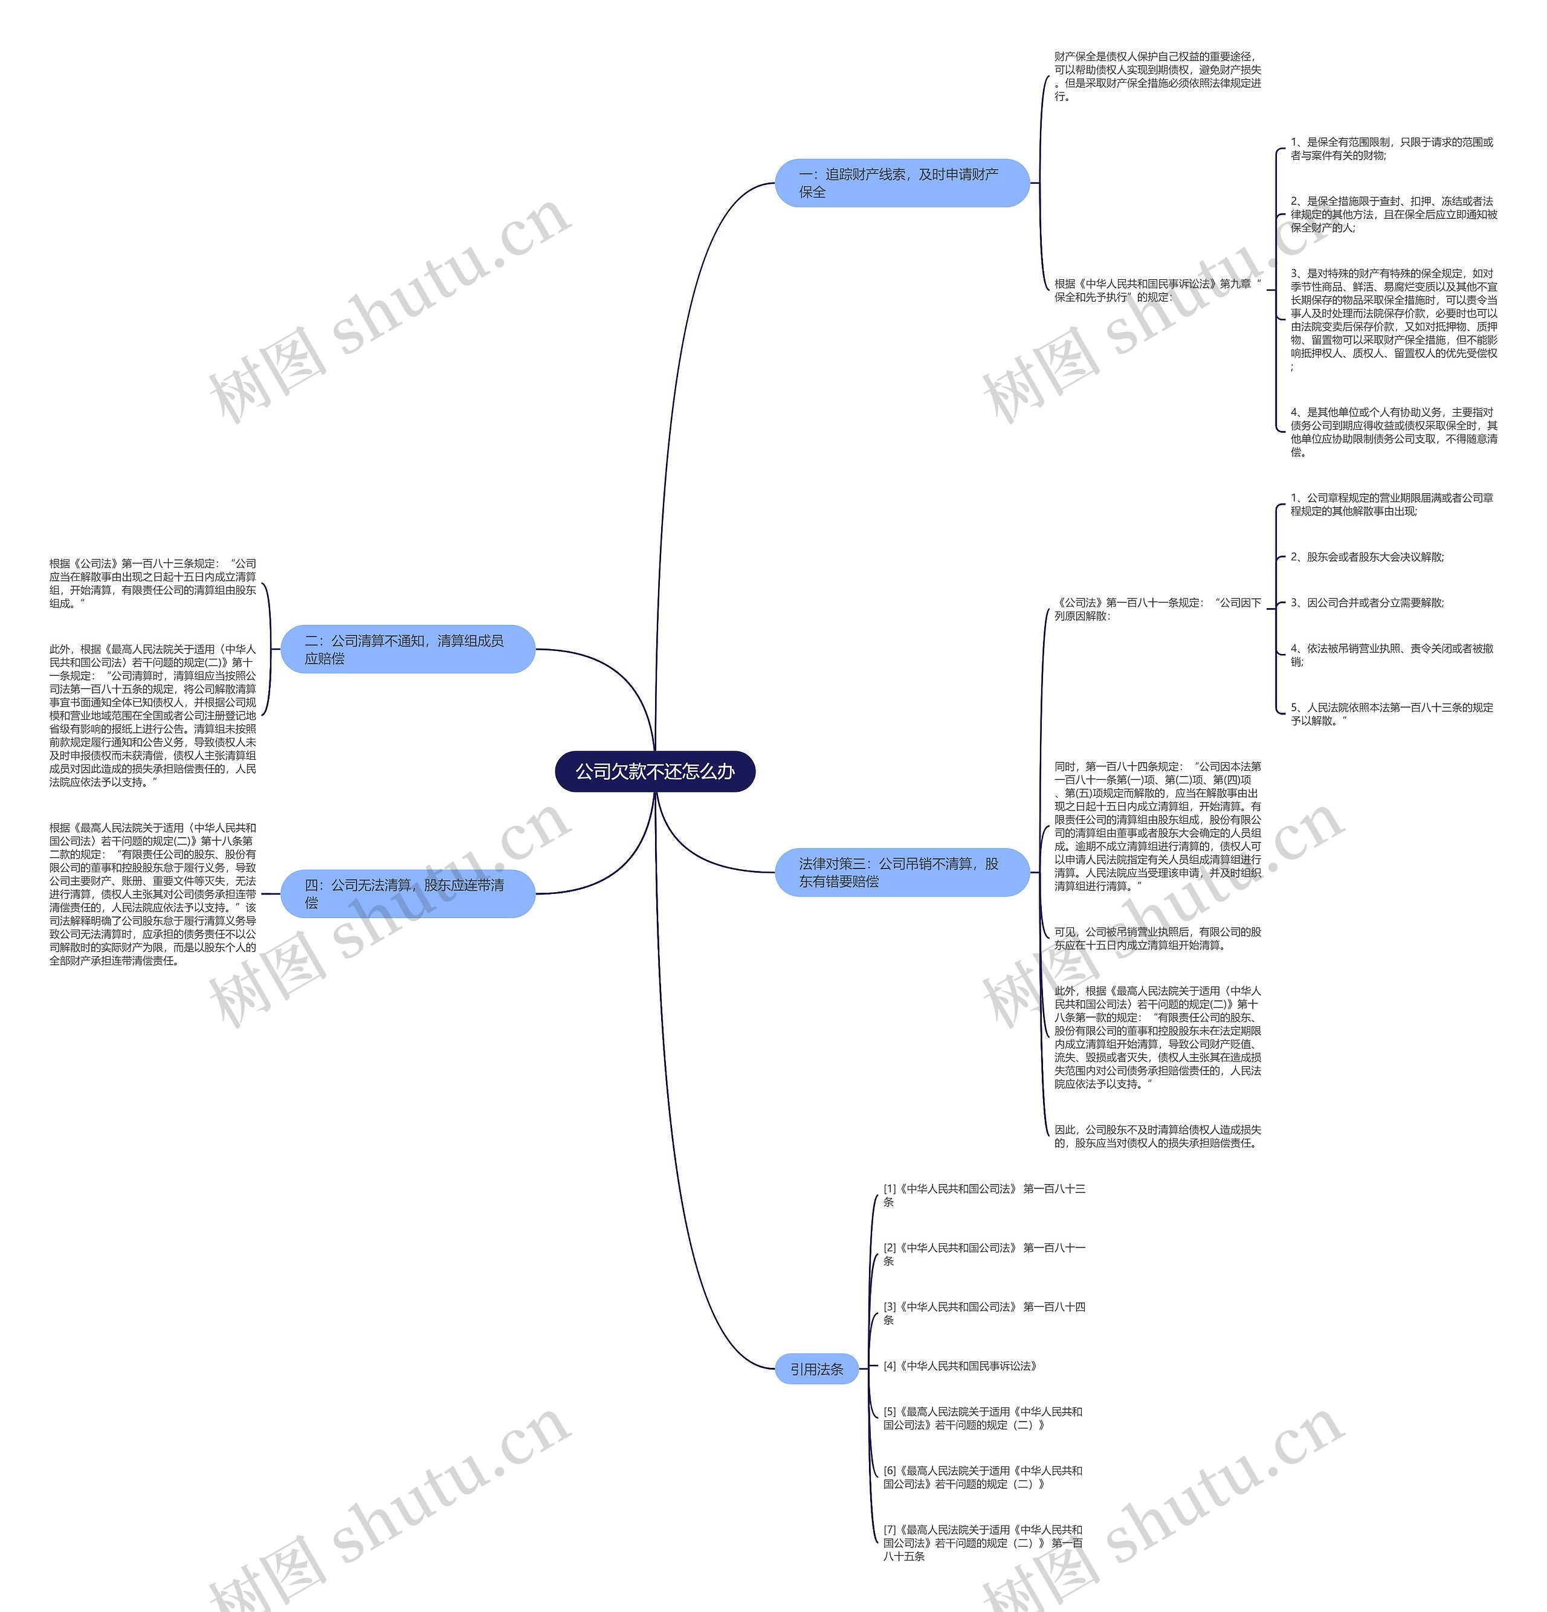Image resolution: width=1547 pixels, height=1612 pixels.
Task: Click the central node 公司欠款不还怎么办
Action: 654,771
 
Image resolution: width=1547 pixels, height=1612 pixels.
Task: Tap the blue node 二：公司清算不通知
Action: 407,649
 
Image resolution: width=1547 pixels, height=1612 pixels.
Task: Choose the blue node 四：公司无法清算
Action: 407,893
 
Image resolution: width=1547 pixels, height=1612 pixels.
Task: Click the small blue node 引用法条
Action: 816,1368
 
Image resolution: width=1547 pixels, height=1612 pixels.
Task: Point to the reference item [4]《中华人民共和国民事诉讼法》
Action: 960,1366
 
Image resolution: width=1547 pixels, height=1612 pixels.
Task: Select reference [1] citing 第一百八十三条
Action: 984,1195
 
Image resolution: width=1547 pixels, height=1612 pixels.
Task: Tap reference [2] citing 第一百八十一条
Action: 984,1254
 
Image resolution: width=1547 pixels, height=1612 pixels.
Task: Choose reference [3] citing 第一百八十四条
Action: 984,1313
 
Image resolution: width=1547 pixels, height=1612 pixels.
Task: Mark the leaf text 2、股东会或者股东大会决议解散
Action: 1367,557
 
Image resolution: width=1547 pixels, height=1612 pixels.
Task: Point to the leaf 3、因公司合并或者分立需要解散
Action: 1367,603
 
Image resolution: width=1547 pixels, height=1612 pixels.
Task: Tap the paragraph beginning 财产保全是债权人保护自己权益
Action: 1157,77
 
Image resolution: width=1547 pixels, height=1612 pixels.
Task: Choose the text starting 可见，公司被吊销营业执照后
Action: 1157,939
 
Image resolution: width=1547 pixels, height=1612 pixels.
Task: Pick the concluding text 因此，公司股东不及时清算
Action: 1157,1136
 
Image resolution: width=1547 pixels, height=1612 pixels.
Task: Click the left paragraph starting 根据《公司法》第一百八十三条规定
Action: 152,583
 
